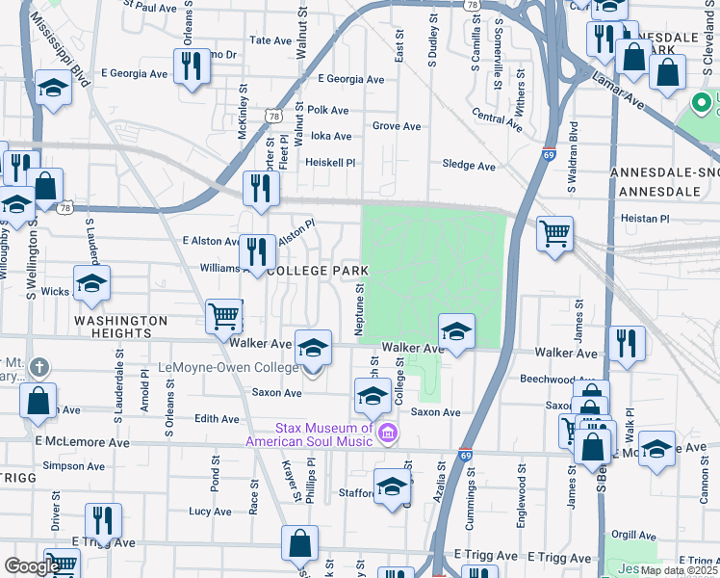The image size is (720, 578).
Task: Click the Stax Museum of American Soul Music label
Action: point(309,434)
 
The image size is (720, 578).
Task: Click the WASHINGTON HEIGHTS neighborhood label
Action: point(121,327)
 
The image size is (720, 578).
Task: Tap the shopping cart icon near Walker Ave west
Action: point(224,314)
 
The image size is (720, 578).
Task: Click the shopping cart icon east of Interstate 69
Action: point(555,232)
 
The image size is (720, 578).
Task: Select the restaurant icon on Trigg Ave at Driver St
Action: point(103,519)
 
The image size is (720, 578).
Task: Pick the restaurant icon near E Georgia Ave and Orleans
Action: point(190,66)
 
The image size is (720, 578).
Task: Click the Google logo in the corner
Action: point(31,566)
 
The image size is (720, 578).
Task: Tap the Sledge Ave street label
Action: point(469,166)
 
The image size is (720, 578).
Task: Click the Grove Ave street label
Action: point(397,126)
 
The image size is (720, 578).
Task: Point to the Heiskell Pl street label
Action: point(331,163)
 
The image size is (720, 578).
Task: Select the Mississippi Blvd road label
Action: point(60,42)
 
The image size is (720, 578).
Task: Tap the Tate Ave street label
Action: point(270,40)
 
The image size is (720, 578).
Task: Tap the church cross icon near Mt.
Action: point(38,367)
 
